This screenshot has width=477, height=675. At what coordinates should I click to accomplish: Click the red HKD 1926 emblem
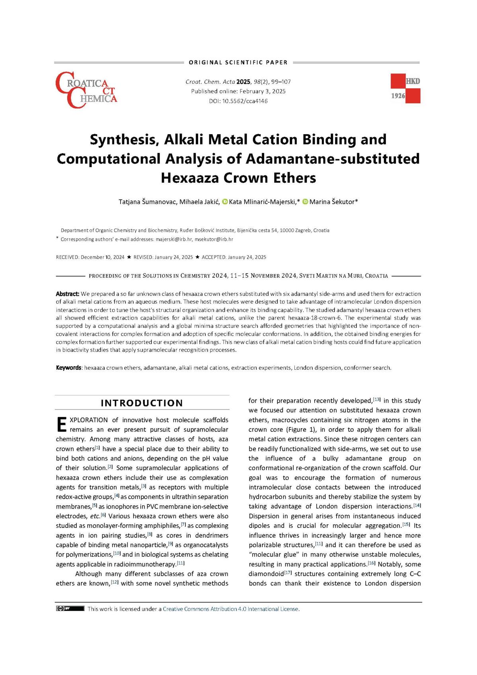pos(405,88)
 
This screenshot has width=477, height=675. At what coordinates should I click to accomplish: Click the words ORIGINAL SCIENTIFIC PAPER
pos(238,62)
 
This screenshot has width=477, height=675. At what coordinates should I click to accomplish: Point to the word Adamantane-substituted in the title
pos(333,158)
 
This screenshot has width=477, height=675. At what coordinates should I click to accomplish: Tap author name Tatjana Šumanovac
pos(147,202)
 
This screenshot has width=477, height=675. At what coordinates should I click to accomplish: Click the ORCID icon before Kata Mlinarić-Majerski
pos(225,202)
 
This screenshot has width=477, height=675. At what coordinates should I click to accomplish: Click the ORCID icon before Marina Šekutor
pos(306,202)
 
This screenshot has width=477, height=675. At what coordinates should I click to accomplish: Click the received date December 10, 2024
pos(102,257)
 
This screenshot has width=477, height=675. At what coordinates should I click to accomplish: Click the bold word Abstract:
pos(68,294)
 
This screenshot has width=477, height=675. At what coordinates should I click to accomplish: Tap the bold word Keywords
pos(68,368)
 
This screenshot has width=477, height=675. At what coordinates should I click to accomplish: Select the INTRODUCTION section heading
pos(142,403)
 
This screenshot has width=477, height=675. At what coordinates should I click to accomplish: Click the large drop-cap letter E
pos(62,425)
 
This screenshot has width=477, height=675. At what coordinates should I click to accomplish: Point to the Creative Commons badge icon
pos(70,609)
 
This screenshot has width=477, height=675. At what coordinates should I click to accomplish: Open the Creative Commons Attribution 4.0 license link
pos(231,609)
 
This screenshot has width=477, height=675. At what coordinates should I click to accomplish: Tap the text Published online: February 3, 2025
pos(238,92)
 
